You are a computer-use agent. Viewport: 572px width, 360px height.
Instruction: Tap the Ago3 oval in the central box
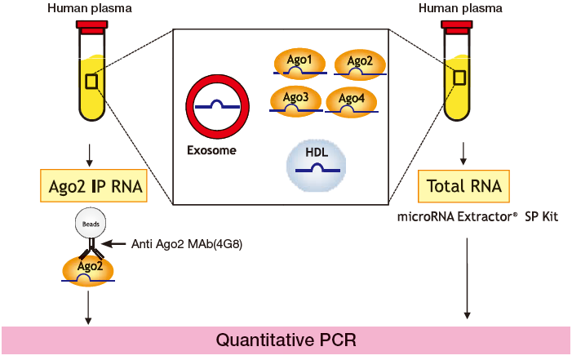pos(295,100)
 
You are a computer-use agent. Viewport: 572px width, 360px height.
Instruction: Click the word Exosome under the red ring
pos(212,151)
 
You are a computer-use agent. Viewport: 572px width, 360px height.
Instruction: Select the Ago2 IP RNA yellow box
pos(92,187)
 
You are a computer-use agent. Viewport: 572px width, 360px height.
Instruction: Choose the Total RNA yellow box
pos(463,187)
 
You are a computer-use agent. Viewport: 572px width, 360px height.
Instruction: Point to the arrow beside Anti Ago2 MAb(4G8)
pos(118,243)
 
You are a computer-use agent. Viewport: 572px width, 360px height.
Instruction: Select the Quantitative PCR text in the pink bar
pos(286,340)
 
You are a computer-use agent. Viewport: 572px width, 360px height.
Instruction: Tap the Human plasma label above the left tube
pos(92,8)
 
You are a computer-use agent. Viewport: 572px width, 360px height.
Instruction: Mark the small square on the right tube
pos(459,78)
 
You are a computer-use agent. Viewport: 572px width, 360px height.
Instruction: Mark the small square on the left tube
pos(92,82)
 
